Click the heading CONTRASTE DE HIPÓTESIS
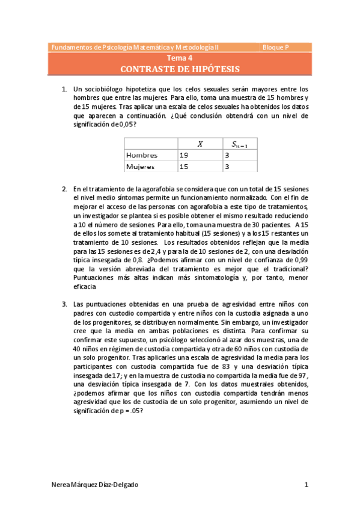[x=180, y=69]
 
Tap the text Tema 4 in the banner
[x=180, y=59]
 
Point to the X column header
[x=200, y=143]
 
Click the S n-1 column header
[x=242, y=144]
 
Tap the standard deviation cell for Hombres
[x=227, y=155]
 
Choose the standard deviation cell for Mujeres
[x=227, y=167]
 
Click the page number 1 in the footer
[x=306, y=485]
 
